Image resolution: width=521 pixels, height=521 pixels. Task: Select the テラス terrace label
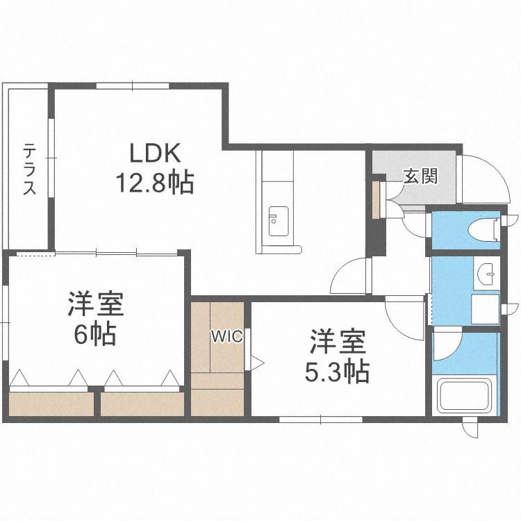(x=29, y=169)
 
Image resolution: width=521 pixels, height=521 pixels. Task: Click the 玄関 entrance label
(x=421, y=176)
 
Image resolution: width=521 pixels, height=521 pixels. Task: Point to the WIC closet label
(x=226, y=337)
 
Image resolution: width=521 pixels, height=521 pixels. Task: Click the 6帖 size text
(x=95, y=335)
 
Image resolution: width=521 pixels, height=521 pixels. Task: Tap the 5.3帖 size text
(x=337, y=373)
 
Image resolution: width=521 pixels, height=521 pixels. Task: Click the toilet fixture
(x=482, y=228)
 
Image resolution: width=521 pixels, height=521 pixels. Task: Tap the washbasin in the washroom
(x=488, y=274)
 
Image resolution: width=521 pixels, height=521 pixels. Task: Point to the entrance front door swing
(x=481, y=177)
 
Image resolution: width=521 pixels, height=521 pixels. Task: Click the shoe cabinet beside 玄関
(x=376, y=199)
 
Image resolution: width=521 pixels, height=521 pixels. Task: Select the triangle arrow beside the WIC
(x=257, y=362)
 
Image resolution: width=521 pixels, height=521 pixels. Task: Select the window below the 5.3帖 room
(x=320, y=420)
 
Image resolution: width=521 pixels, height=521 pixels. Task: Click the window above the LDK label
(x=132, y=85)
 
